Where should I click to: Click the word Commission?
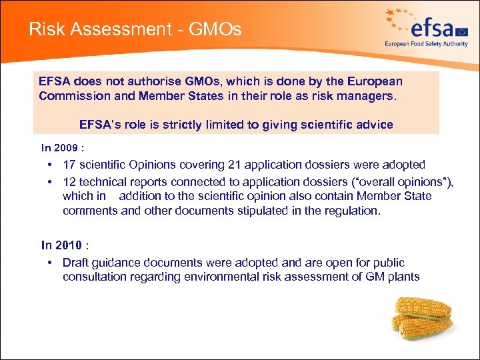[71, 95]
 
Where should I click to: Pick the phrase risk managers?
[359, 95]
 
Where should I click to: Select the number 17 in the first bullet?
[69, 165]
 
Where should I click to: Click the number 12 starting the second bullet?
[69, 182]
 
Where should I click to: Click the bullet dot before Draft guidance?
[51, 263]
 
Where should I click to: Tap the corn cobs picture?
[423, 319]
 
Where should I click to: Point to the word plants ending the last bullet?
[403, 277]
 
